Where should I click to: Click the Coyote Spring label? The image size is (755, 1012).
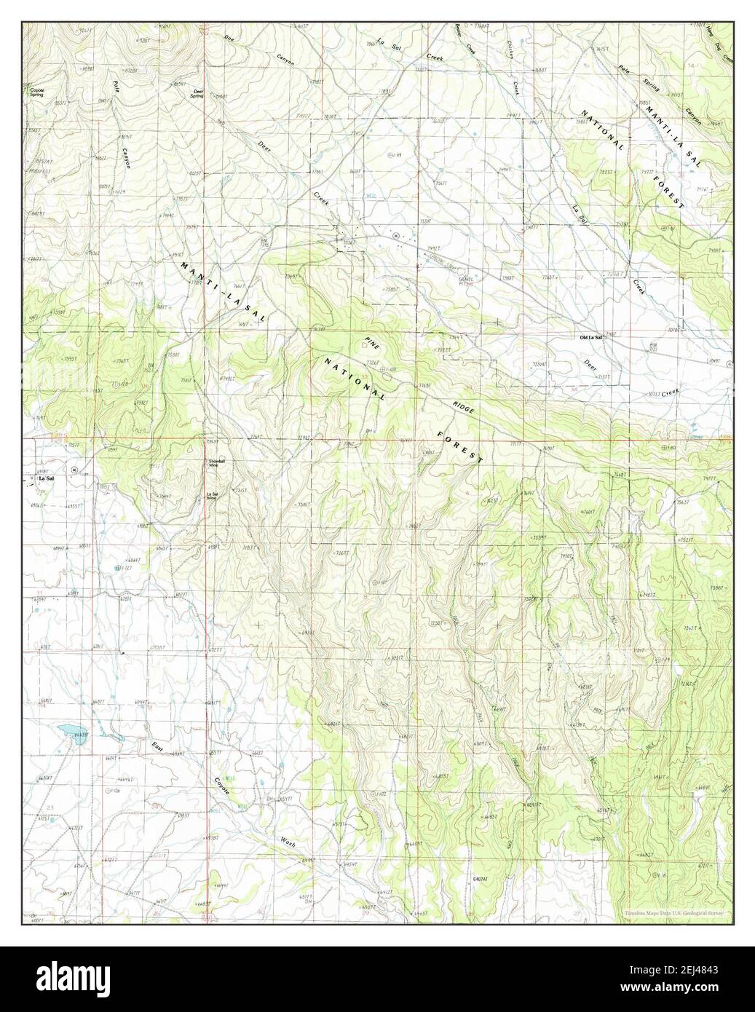36,92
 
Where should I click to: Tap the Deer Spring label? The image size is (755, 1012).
197,93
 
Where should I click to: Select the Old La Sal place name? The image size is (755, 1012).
590,338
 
